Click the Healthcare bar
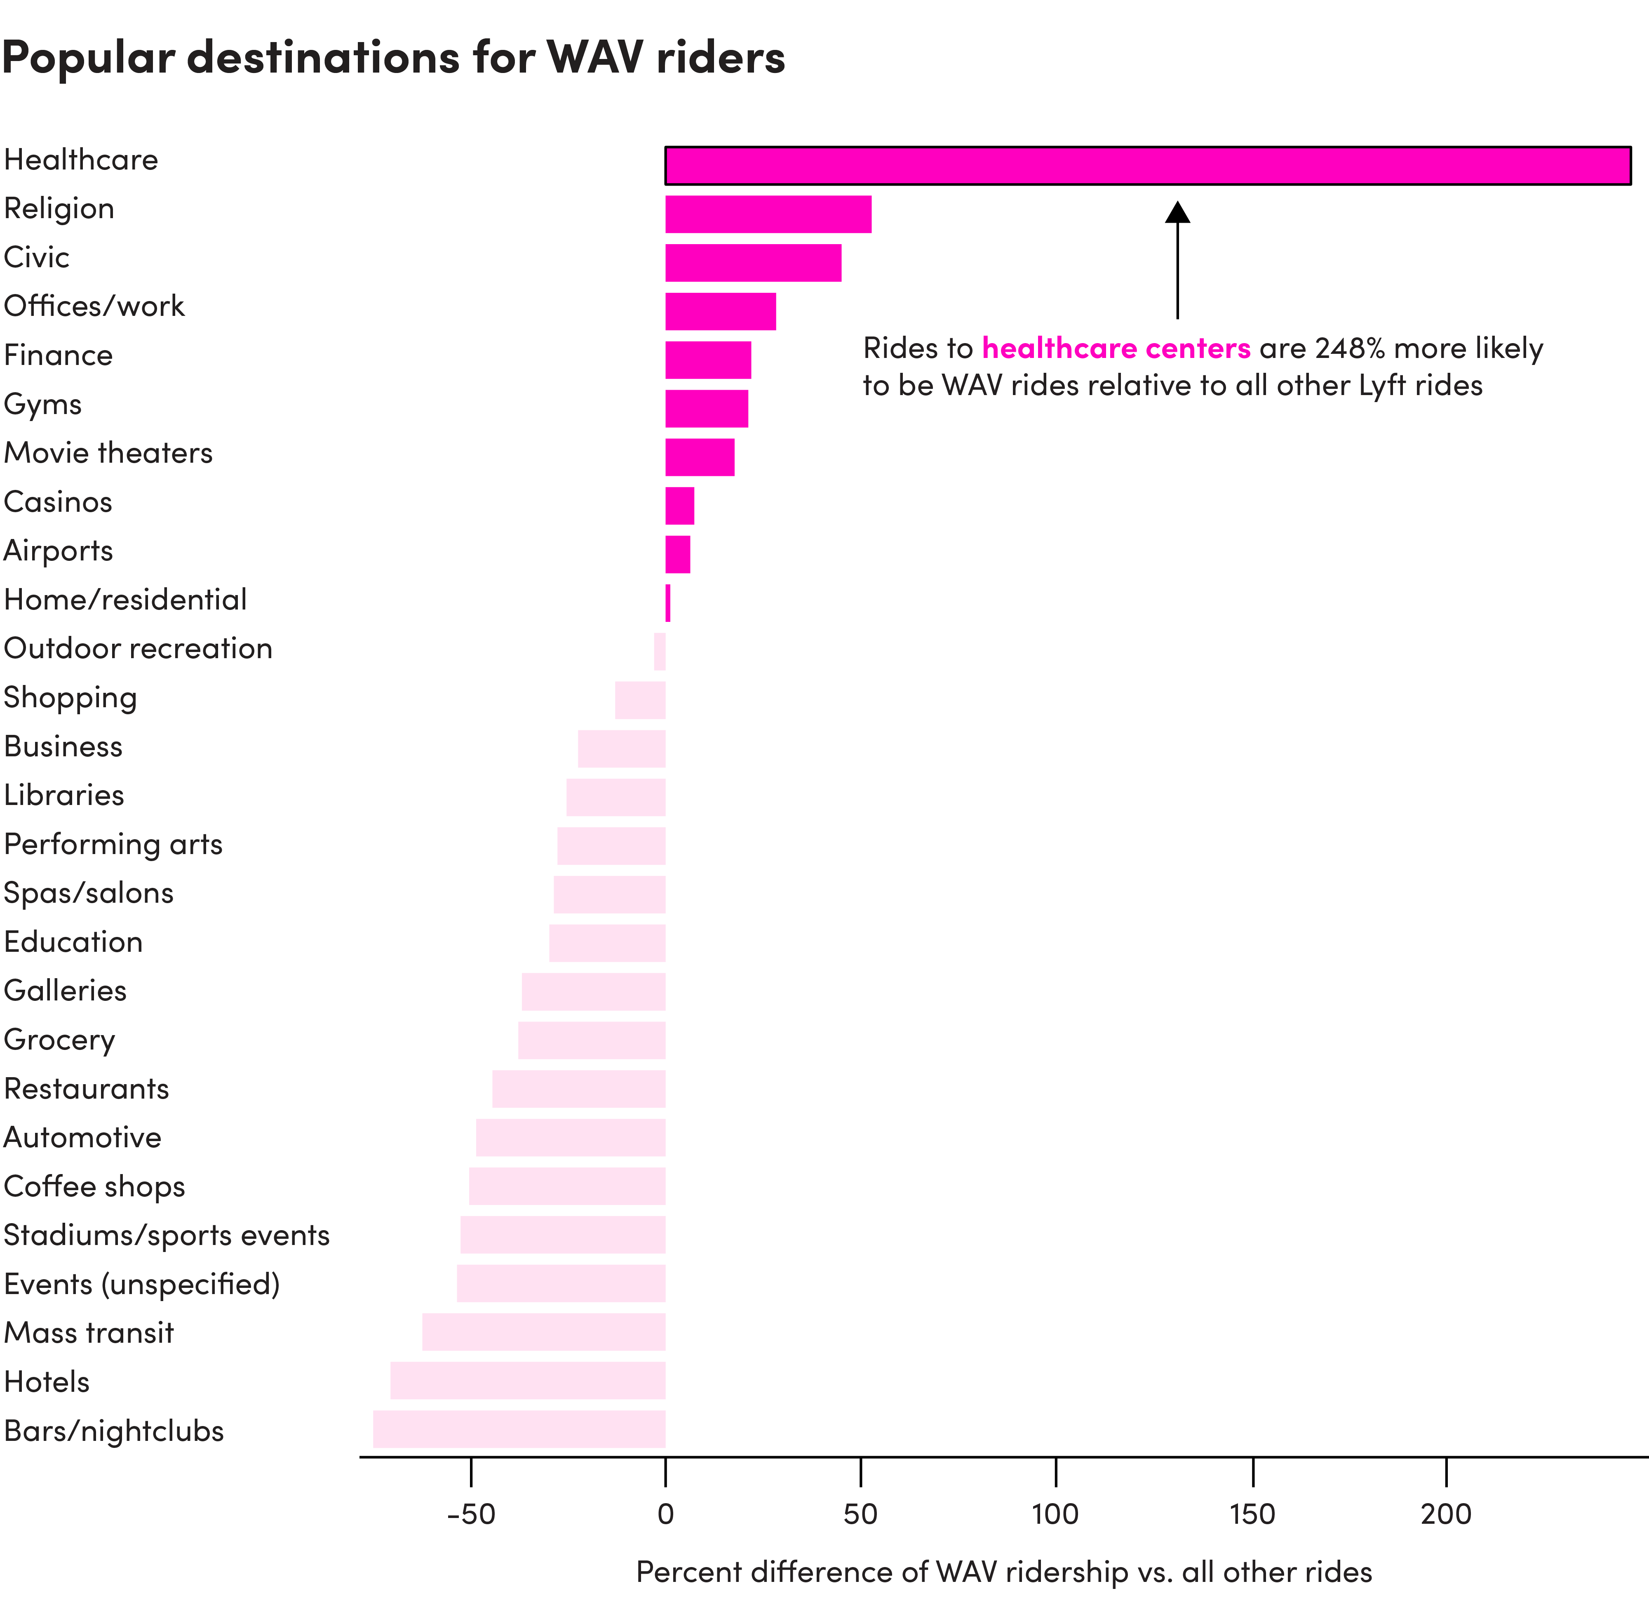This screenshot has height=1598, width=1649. [x=1148, y=166]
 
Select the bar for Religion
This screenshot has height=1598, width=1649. [x=768, y=214]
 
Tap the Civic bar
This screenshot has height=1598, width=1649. [x=753, y=264]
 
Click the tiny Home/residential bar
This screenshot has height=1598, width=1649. [x=668, y=603]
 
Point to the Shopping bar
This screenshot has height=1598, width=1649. [x=640, y=700]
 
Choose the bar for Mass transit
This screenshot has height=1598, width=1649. [x=543, y=1332]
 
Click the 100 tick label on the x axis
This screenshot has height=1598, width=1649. [x=1055, y=1515]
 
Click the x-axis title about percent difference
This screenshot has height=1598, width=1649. [x=1004, y=1572]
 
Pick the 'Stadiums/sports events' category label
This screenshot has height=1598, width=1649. [x=167, y=1236]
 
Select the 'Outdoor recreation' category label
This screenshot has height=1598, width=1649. [x=138, y=649]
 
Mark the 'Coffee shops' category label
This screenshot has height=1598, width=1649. [x=94, y=1186]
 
